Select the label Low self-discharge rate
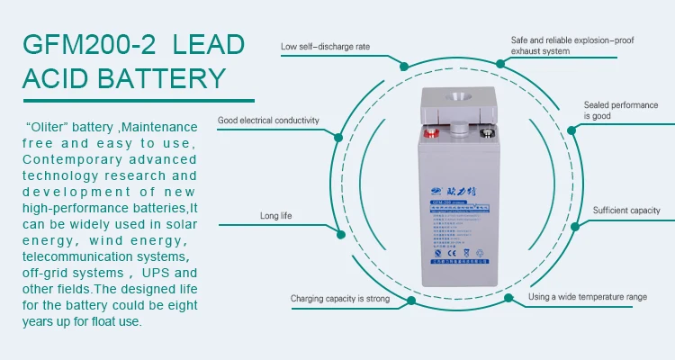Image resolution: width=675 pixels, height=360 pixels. pos(325,46)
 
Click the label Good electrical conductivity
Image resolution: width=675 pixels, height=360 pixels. pos(268,120)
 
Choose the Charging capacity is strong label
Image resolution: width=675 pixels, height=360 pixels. pos(339,298)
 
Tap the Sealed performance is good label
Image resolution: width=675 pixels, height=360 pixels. pos(620,111)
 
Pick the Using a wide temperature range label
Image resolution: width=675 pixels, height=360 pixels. pos(600,297)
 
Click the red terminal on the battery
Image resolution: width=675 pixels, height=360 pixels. pos(430,136)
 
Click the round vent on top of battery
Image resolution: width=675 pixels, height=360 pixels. pos(459,97)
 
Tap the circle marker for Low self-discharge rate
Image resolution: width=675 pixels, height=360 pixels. pos(403,67)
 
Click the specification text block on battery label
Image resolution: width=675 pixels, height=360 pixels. pos(457,238)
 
